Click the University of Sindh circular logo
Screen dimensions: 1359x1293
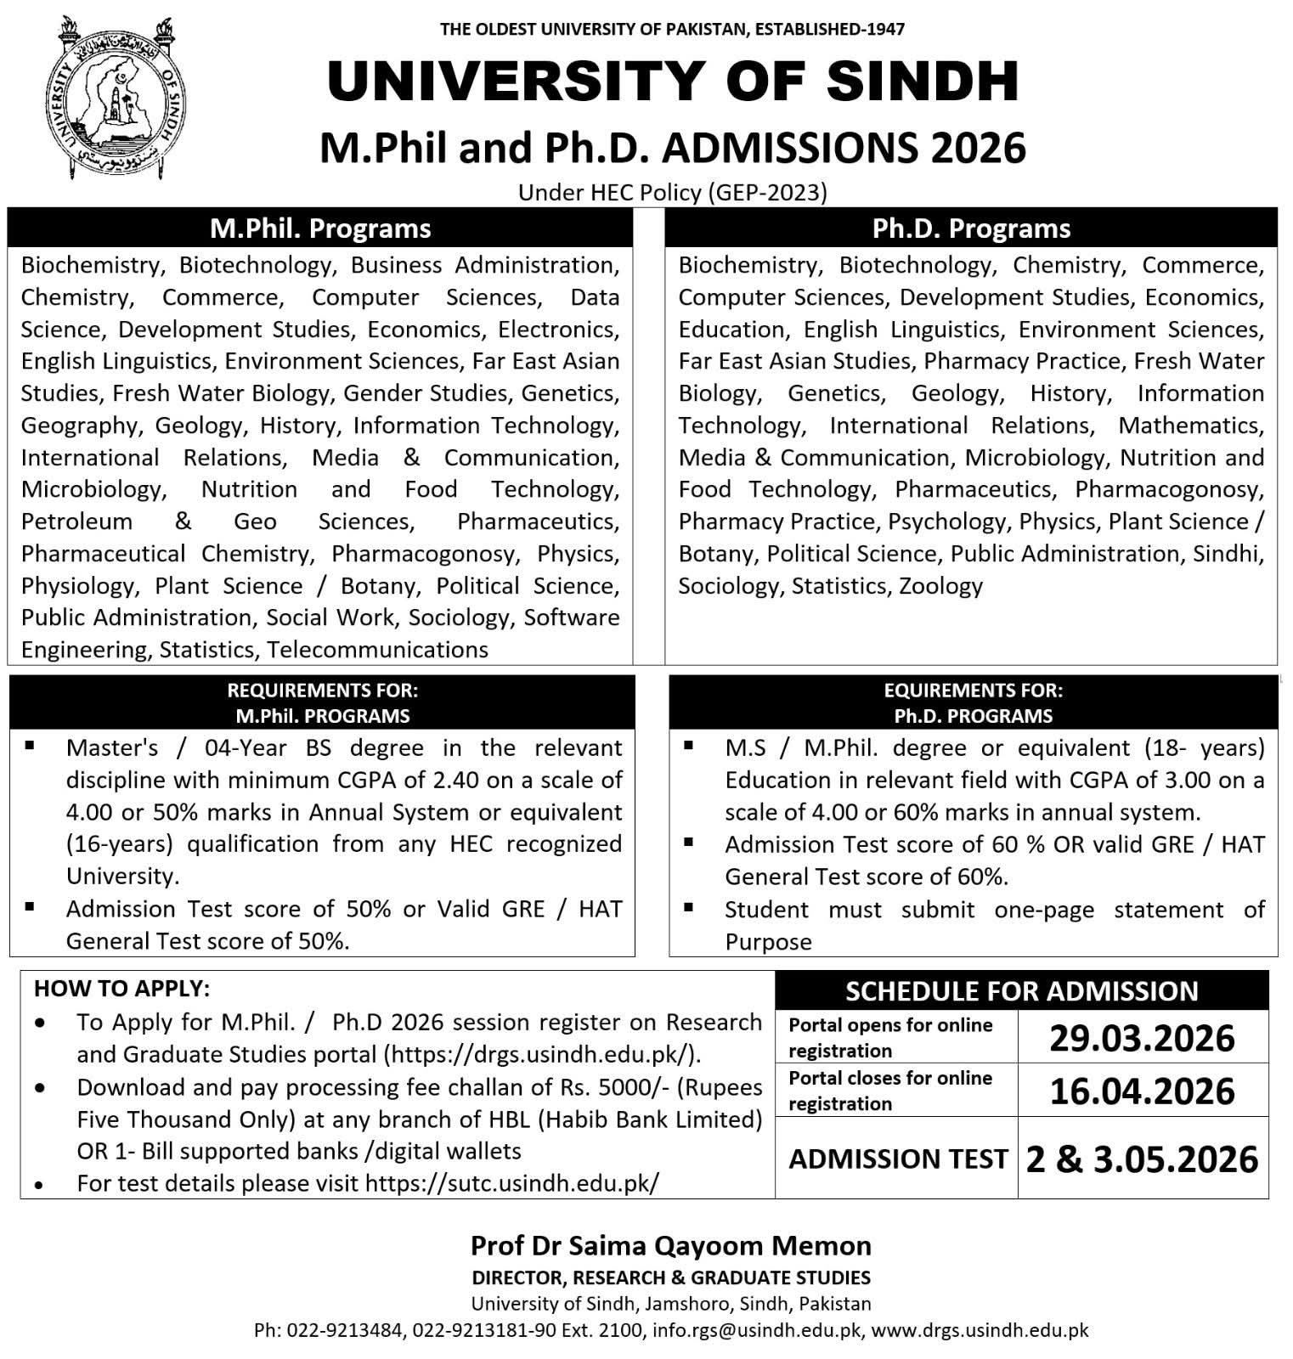coord(116,97)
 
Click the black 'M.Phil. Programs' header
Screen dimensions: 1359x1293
coord(320,228)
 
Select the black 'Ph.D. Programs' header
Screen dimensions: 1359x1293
coord(971,228)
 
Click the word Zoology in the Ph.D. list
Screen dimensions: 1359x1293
coord(940,586)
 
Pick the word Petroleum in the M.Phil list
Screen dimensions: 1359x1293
coord(76,522)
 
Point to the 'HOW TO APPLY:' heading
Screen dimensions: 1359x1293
coord(121,989)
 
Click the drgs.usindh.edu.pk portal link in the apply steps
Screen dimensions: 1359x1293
coord(542,1054)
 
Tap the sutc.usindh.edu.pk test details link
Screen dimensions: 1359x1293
coord(511,1183)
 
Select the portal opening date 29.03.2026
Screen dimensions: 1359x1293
coord(1142,1038)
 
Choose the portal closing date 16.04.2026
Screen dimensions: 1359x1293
coord(1142,1091)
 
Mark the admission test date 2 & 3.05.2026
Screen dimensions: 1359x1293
coord(1142,1159)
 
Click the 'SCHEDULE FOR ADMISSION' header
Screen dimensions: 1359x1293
coord(1021,991)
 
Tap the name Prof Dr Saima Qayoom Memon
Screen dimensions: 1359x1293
coord(671,1246)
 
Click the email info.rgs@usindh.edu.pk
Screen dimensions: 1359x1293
coord(756,1330)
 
